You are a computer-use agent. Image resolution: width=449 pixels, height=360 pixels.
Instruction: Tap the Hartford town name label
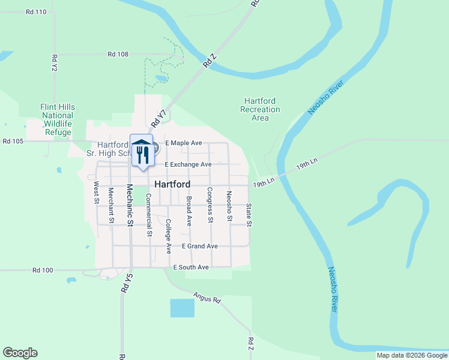172,184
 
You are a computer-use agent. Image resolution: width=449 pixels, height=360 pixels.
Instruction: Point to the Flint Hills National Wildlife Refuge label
58,119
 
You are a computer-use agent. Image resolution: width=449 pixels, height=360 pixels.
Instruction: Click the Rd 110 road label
37,12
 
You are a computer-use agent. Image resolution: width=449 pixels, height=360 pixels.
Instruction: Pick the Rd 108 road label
118,54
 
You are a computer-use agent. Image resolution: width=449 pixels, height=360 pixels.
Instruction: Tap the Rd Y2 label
55,64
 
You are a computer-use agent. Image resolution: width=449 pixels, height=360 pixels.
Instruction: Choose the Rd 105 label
13,142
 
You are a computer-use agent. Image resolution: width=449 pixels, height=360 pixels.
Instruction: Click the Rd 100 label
43,271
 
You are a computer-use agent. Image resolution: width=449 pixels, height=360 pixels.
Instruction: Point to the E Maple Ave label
184,143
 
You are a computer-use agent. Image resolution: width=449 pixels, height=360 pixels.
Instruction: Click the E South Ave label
191,267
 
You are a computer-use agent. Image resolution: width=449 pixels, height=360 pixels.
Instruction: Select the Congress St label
210,205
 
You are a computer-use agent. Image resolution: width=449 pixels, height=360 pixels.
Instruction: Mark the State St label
249,215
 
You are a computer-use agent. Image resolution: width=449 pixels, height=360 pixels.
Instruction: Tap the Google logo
20,353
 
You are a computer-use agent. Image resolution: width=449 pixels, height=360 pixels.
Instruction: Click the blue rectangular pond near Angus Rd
182,308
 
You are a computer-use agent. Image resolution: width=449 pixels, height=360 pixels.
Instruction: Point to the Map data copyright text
412,355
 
